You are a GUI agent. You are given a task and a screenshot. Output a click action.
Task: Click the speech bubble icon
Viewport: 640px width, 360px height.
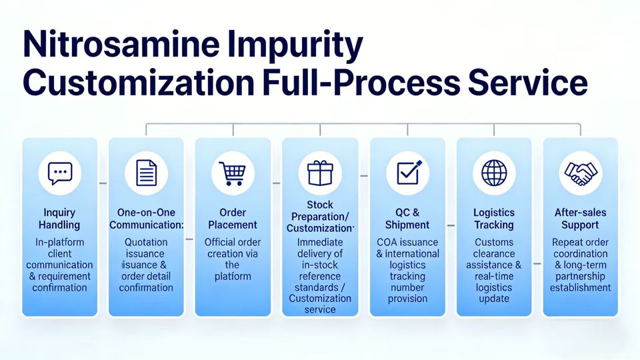click(x=59, y=173)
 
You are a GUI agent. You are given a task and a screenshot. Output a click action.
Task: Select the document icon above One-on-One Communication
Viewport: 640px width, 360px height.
click(x=146, y=173)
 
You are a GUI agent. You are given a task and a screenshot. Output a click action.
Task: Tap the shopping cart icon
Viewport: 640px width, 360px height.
click(x=232, y=173)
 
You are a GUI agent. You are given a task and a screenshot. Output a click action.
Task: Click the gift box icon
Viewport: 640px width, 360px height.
click(x=319, y=173)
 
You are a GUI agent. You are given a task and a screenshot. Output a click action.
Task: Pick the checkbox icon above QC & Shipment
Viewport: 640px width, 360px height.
click(x=407, y=173)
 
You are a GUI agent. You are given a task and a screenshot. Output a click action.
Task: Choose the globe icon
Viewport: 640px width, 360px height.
click(x=494, y=173)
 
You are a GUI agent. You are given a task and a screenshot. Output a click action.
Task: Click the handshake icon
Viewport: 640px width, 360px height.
click(x=581, y=173)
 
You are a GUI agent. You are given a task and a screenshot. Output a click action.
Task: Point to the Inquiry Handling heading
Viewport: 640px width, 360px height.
click(x=59, y=219)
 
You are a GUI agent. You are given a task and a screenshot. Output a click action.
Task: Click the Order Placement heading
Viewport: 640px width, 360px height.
click(x=232, y=219)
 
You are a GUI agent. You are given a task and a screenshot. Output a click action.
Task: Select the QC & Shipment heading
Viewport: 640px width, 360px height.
click(x=407, y=219)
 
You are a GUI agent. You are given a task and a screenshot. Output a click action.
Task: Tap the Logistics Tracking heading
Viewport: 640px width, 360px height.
click(x=494, y=219)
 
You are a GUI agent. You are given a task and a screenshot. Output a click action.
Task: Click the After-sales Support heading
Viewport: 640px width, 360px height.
click(x=581, y=219)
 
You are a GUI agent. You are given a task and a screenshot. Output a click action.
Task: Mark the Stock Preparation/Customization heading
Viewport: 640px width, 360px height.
click(x=319, y=216)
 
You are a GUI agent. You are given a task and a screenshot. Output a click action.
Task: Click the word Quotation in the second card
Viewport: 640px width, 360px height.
click(x=146, y=243)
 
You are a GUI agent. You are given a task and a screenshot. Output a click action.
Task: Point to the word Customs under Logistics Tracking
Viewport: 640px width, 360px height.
click(x=494, y=243)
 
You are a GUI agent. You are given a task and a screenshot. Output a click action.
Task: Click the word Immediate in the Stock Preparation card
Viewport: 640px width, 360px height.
click(x=319, y=243)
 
